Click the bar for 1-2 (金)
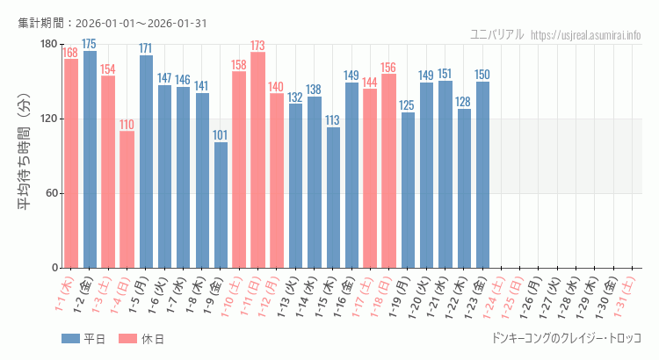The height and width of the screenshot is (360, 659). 90,159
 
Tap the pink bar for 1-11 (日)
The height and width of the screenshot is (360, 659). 258,160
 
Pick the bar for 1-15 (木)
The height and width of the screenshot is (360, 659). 333,198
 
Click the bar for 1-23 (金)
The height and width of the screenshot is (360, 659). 482,175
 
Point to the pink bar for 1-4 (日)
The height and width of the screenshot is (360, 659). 127,199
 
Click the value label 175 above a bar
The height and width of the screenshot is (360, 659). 90,44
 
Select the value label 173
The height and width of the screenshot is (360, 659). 258,46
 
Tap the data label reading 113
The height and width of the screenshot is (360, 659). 333,120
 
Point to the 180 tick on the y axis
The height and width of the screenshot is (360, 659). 48,45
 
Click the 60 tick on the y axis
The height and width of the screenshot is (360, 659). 51,193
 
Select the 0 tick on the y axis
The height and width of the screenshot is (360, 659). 54,268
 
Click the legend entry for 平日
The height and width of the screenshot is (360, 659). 83,338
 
